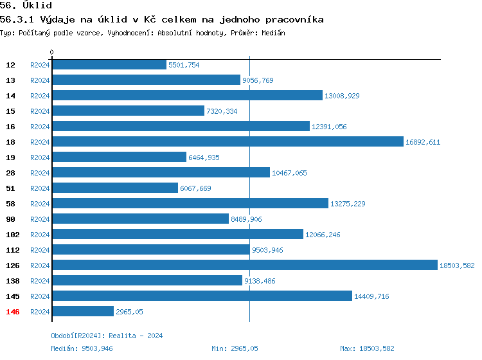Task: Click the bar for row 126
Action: [x=244, y=265]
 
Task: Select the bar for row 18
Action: [x=228, y=142]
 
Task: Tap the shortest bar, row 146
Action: [x=83, y=312]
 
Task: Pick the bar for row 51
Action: [x=115, y=188]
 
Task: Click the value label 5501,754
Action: [x=184, y=65]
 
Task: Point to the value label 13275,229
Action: [x=348, y=204]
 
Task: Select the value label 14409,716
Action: [x=371, y=296]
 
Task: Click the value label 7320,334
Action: [x=222, y=111]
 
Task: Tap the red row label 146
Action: [x=13, y=312]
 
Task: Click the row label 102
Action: [x=13, y=235]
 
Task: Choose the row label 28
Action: [x=11, y=173]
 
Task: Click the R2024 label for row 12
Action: [x=40, y=65]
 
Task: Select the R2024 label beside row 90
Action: [x=40, y=219]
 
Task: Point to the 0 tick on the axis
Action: [x=52, y=52]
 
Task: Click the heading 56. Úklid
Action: [x=26, y=6]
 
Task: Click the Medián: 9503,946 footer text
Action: [x=82, y=348]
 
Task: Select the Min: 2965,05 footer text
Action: [x=235, y=348]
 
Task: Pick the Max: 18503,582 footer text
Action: [x=367, y=348]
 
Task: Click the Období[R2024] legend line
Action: [x=107, y=336]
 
